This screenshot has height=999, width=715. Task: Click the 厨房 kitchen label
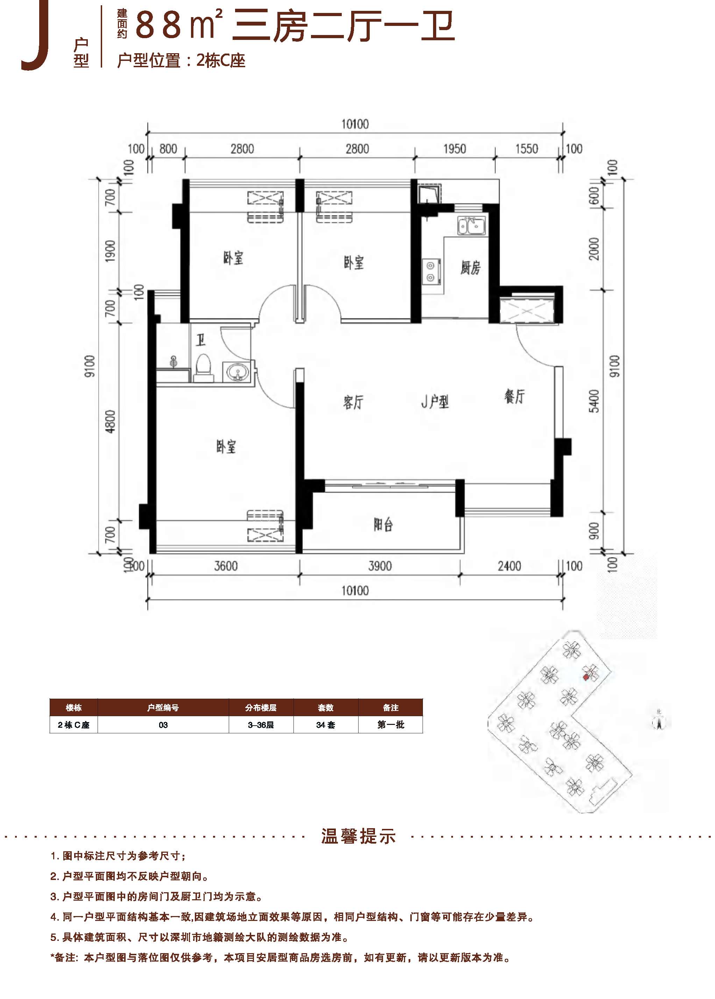click(x=470, y=267)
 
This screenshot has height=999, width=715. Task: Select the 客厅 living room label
click(x=353, y=402)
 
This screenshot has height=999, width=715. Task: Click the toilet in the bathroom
click(x=203, y=368)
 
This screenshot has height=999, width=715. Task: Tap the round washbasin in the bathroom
click(x=237, y=372)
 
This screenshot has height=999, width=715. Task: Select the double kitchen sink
click(x=471, y=226)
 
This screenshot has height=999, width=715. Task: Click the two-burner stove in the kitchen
click(x=431, y=272)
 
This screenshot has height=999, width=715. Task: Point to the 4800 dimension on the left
click(x=110, y=421)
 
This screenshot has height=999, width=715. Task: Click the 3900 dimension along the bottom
click(x=380, y=566)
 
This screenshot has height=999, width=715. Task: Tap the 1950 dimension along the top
click(x=454, y=149)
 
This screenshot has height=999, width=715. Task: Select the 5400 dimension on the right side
click(x=594, y=401)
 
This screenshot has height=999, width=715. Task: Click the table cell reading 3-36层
click(x=261, y=725)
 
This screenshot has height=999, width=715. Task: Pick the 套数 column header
click(x=325, y=707)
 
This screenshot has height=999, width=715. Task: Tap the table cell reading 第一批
click(x=390, y=725)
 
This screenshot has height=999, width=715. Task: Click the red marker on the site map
click(x=586, y=677)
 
